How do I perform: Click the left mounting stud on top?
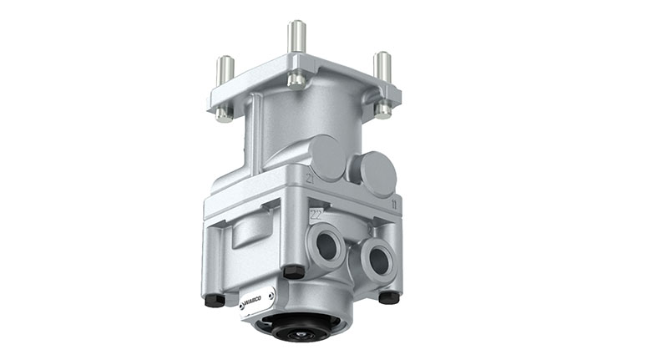(225, 71)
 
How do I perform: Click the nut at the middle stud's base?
(296, 78)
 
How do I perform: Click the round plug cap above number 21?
(325, 159)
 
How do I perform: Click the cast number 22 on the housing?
(316, 215)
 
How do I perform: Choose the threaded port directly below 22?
(324, 246)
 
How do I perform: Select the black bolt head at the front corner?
(293, 271)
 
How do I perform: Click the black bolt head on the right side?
(388, 297)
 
